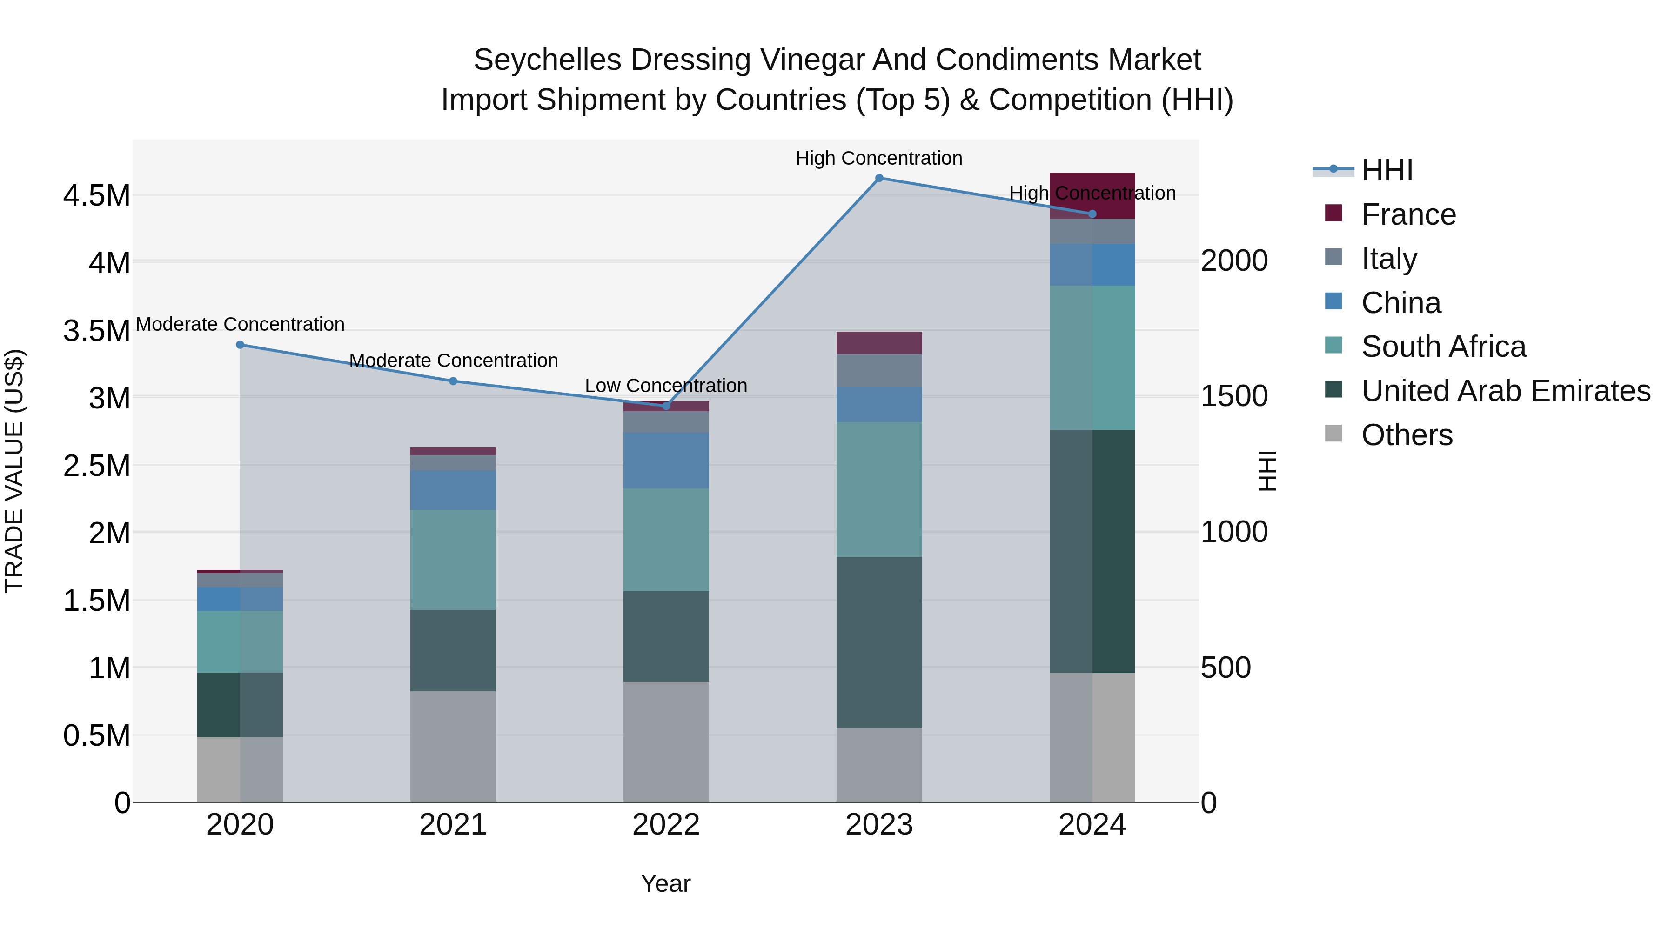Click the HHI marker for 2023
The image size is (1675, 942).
coord(878,178)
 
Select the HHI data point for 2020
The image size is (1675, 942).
coord(240,345)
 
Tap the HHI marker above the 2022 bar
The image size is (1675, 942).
coord(666,406)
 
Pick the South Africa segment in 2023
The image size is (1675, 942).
coord(878,489)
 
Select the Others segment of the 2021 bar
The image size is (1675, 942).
coord(453,746)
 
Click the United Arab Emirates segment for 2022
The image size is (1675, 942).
coord(666,636)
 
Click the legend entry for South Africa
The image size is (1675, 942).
coord(1443,347)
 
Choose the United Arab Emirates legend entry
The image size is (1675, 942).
coord(1505,391)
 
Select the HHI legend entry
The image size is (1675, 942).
coord(1387,170)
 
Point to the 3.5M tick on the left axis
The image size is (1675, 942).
coord(96,331)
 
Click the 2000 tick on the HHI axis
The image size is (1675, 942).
coord(1233,261)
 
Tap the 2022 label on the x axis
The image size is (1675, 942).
coord(666,825)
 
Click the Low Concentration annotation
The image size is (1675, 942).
coord(666,386)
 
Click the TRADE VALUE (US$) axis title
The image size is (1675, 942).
coord(14,471)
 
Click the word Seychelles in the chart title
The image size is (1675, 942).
coord(548,60)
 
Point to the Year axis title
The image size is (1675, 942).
coord(665,883)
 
